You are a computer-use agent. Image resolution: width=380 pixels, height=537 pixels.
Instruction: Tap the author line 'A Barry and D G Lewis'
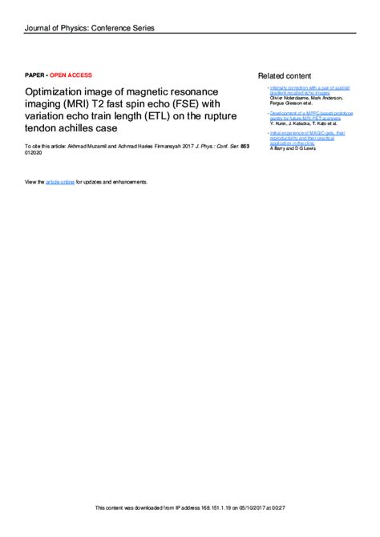(293, 149)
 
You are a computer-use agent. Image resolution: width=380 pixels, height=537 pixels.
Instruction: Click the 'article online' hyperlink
(60, 182)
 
